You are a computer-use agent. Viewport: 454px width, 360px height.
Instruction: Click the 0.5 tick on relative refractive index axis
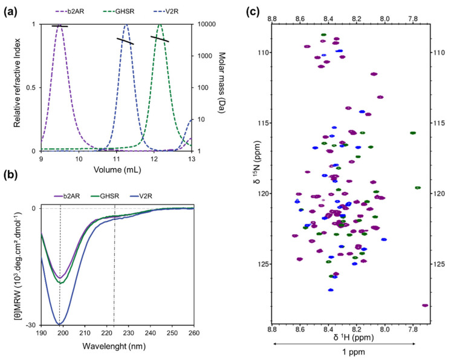[32, 87]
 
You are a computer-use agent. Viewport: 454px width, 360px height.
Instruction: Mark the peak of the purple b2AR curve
[59, 25]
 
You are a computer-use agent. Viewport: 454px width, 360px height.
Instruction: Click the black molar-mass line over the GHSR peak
[160, 38]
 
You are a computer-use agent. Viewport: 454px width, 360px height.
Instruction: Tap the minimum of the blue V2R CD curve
[59, 324]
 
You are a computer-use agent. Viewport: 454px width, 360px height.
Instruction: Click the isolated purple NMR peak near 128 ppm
[425, 306]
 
